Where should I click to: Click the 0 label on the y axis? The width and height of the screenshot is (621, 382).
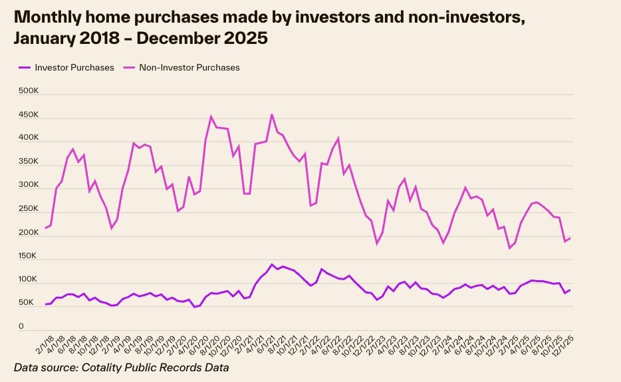pos(21,327)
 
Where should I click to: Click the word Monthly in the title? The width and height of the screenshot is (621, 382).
pos(48,17)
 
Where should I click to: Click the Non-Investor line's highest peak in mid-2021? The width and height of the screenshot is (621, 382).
pos(272,114)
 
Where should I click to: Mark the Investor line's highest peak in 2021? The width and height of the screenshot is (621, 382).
pos(272,264)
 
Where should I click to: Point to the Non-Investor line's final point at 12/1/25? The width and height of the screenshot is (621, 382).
pos(570,238)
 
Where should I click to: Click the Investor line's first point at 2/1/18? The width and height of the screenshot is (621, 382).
pos(45,304)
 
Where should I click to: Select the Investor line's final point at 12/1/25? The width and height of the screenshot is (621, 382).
pos(570,290)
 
